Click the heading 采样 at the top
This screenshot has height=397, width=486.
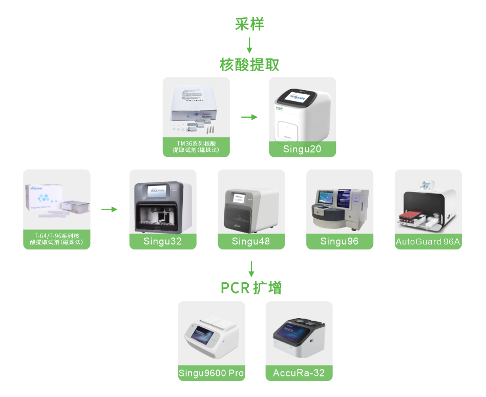(x=249, y=24)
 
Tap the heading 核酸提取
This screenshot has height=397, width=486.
(x=249, y=65)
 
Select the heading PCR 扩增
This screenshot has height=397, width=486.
(x=251, y=288)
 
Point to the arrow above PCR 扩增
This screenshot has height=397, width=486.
(x=251, y=268)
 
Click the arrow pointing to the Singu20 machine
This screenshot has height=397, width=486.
(x=249, y=117)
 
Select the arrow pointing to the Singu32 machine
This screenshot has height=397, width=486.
(x=109, y=210)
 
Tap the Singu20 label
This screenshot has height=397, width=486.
(x=302, y=150)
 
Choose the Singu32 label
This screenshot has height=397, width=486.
(x=163, y=242)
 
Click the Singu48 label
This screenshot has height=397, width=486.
(x=251, y=242)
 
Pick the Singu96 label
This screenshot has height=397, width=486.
(x=340, y=242)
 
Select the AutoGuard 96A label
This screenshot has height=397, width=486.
(x=428, y=242)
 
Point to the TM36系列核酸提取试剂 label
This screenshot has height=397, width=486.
(x=196, y=147)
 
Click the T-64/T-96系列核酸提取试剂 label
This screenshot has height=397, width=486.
(x=57, y=239)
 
